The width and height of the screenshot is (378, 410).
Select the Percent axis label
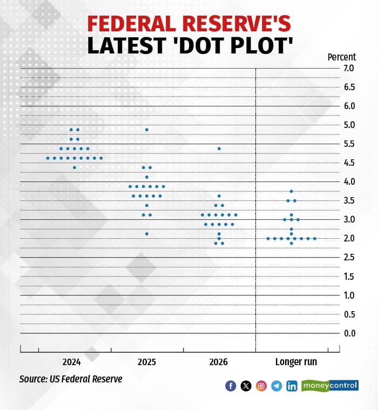pyautogui.click(x=341, y=57)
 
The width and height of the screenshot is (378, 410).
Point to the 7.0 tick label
pyautogui.click(x=349, y=68)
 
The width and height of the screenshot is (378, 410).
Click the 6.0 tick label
pyautogui.click(x=349, y=106)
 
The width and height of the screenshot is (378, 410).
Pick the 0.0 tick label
pyautogui.click(x=349, y=333)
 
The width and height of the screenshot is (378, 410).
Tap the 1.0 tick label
pyautogui.click(x=349, y=295)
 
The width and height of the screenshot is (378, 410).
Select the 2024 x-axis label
pyautogui.click(x=72, y=362)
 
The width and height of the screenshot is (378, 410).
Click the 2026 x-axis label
pyautogui.click(x=218, y=362)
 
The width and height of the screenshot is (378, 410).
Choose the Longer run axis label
pyautogui.click(x=296, y=362)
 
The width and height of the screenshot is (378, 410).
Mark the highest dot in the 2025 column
pyautogui.click(x=147, y=130)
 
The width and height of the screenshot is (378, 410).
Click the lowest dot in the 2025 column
pyautogui.click(x=147, y=234)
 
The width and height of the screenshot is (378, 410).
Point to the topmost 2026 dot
pyautogui.click(x=219, y=149)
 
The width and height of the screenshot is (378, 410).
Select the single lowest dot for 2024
pyautogui.click(x=75, y=167)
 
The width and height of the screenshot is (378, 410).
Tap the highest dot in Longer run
pyautogui.click(x=292, y=191)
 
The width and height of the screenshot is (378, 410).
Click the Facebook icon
pyautogui.click(x=231, y=386)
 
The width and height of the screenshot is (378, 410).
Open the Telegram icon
pyautogui.click(x=276, y=386)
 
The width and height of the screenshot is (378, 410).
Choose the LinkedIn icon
pyautogui.click(x=292, y=386)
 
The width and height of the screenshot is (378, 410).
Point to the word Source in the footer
pyautogui.click(x=32, y=379)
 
